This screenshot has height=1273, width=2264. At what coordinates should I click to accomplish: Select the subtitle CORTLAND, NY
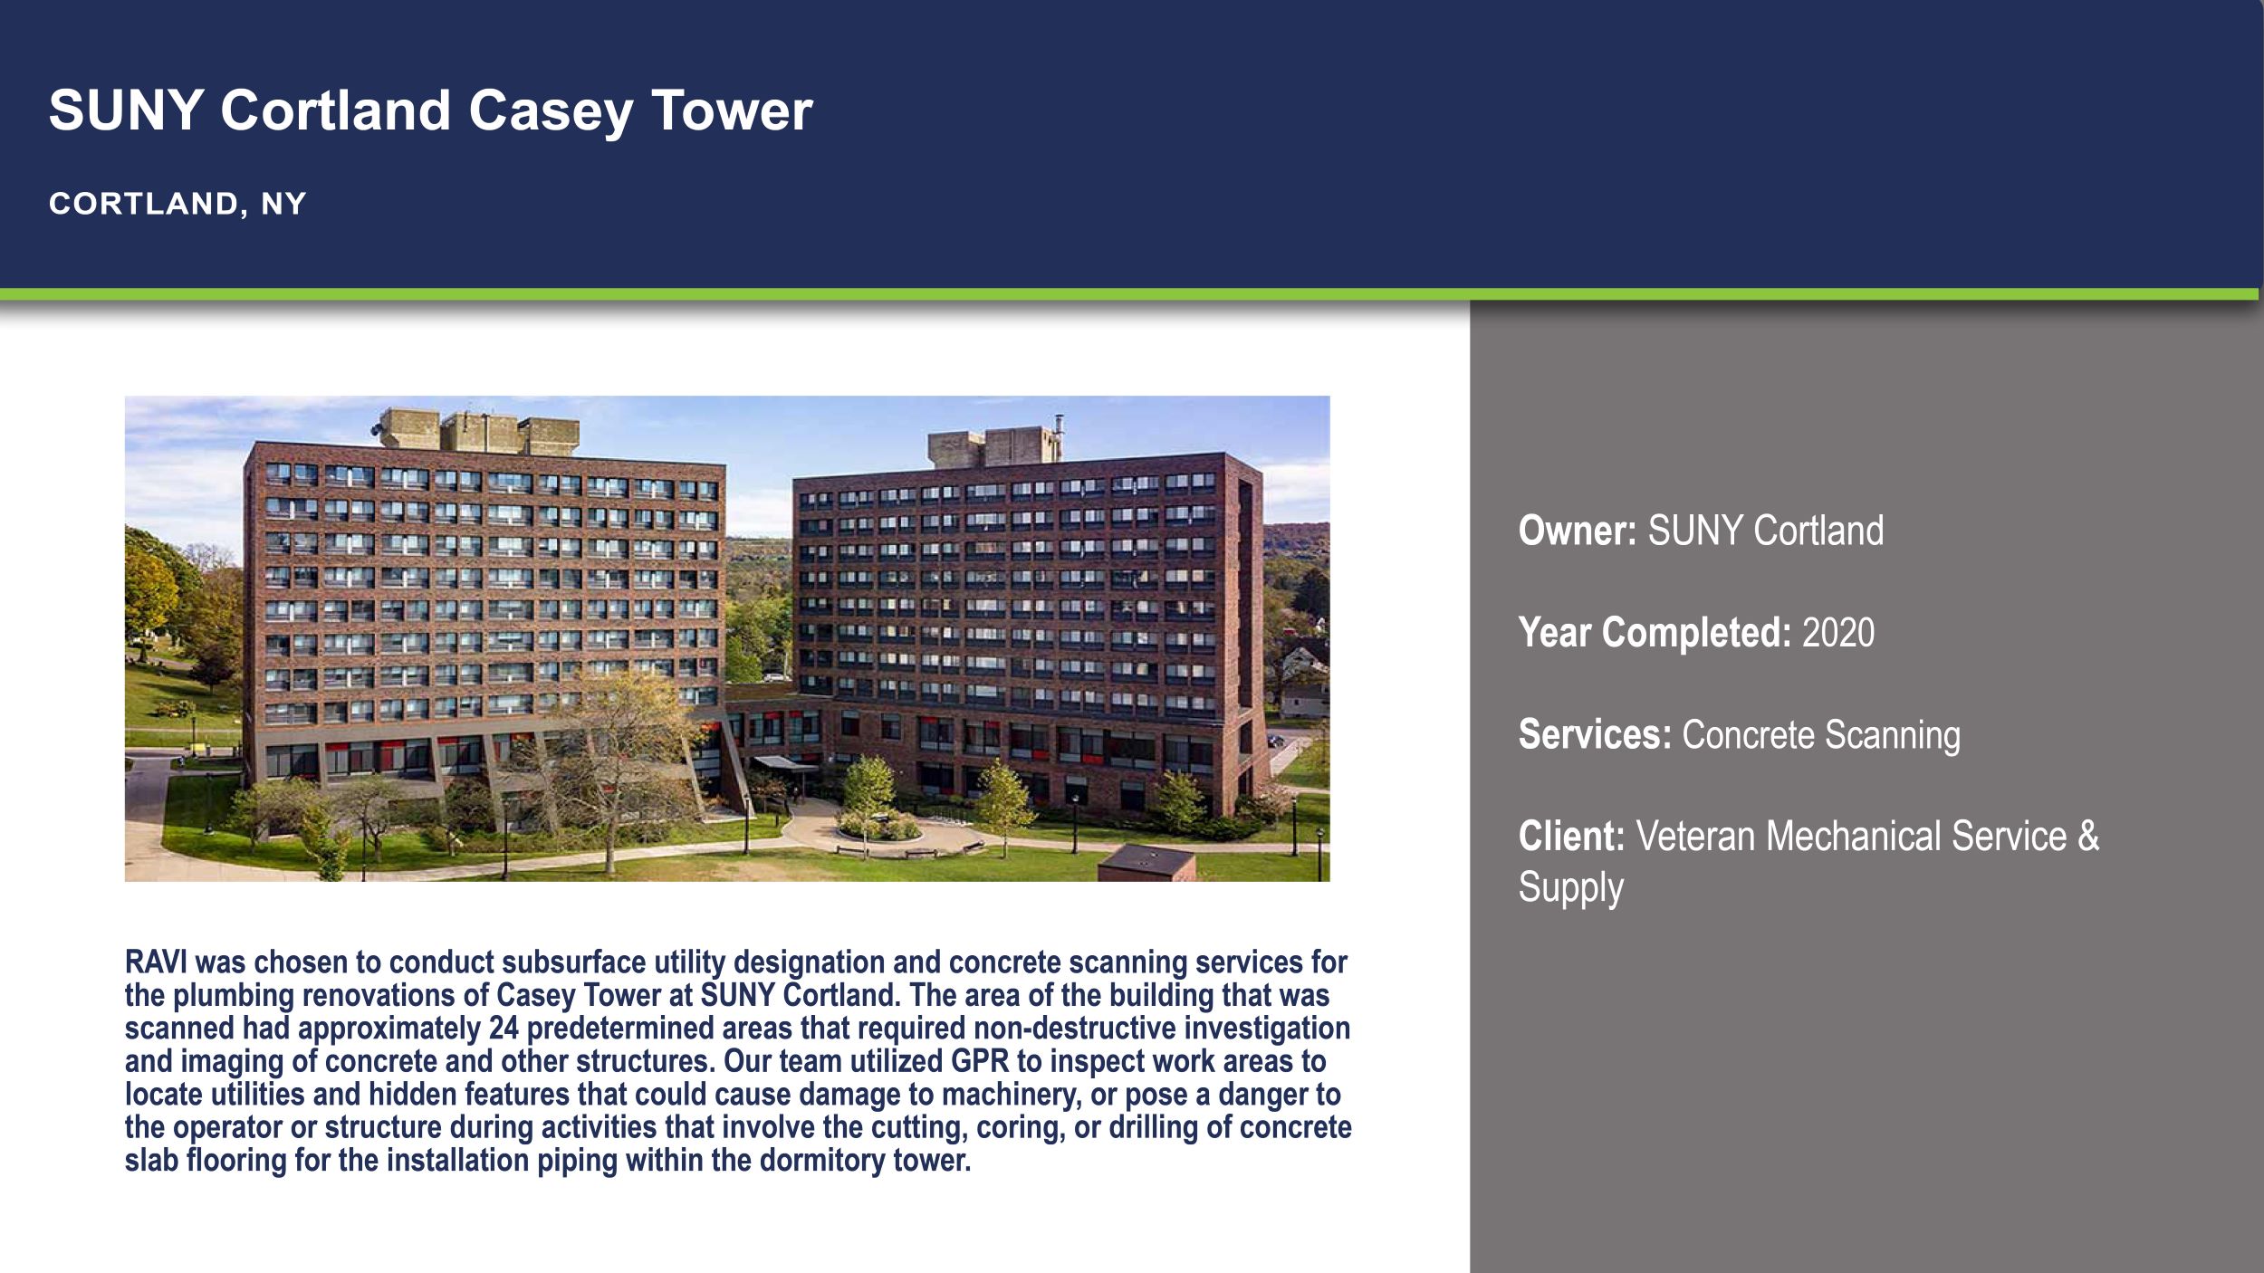(177, 204)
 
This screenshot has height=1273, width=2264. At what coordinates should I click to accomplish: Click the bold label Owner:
(1577, 531)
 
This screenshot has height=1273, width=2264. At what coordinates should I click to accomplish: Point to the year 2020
(1837, 632)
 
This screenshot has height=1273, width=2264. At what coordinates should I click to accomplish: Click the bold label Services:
(1594, 734)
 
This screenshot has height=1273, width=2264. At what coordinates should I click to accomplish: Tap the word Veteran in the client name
(1694, 837)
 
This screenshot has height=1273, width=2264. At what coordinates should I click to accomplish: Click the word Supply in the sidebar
(1570, 887)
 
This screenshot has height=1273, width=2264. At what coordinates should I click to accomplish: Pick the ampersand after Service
(2088, 837)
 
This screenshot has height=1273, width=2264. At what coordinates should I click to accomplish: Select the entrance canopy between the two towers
(784, 764)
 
